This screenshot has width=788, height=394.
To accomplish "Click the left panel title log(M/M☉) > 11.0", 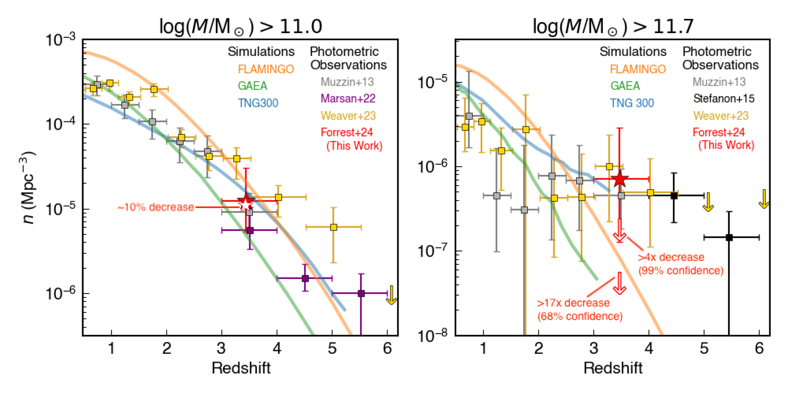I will [x=240, y=26].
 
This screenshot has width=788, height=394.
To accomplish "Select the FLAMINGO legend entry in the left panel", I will [x=266, y=69].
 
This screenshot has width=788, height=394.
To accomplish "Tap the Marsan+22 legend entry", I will [x=348, y=98].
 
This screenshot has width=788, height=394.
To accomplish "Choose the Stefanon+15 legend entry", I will [x=723, y=98].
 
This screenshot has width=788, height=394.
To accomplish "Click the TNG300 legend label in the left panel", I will [x=258, y=103].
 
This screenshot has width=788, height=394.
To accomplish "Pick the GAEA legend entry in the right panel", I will [x=625, y=86].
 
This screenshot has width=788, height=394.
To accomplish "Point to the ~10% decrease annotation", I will [x=155, y=207].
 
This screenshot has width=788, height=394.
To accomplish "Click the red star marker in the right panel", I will [x=620, y=179].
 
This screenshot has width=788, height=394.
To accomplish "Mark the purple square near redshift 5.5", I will [x=361, y=293].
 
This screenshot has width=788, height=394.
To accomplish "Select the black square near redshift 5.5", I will [x=729, y=237].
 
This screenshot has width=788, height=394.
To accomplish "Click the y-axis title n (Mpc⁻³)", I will [x=28, y=188].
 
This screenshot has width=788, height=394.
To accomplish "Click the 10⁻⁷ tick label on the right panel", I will [x=432, y=251].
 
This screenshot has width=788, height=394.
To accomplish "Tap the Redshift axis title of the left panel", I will [x=241, y=368].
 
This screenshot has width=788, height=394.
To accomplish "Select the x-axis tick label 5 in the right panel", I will [x=704, y=348].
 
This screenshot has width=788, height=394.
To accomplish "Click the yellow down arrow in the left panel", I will [x=391, y=295].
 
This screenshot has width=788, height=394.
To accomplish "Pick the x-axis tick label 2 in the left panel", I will [x=167, y=348].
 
